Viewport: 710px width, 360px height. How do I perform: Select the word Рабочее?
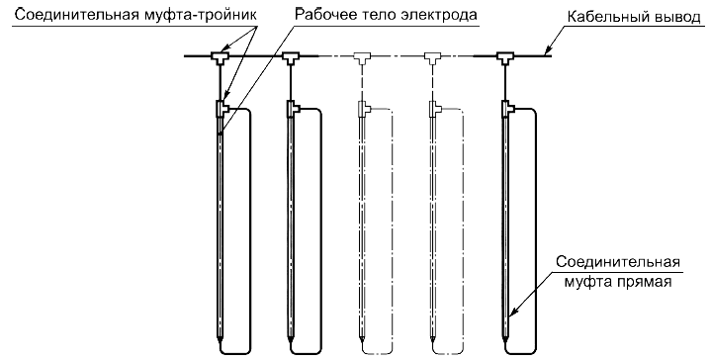coord(325,15)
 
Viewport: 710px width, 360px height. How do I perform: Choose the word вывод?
coord(675,17)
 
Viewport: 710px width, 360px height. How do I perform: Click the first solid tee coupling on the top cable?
coord(221,56)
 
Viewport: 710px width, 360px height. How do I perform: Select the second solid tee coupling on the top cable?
coord(291,56)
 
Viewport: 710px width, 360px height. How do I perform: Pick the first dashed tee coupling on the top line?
coord(362,56)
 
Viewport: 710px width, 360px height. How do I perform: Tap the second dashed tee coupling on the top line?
coord(433,56)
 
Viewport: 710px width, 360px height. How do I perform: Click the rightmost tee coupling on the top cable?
coord(503,56)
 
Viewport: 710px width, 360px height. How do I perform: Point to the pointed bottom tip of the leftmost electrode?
coord(221,340)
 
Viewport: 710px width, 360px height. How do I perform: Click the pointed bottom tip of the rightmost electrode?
coord(504,340)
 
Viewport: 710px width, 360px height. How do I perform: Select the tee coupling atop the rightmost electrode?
coord(507,109)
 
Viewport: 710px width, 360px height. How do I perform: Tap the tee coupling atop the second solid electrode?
coord(293,109)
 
